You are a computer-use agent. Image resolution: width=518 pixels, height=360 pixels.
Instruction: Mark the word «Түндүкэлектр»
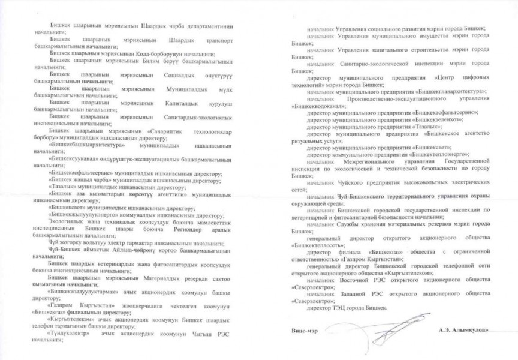click(74, 332)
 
